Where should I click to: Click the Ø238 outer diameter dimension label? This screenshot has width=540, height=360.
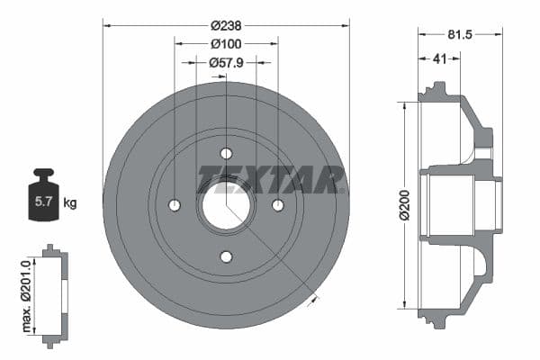226,26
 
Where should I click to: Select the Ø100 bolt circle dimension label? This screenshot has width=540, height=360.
226,44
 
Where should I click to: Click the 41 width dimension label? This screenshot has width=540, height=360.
439,59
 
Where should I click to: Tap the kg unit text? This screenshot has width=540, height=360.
70,203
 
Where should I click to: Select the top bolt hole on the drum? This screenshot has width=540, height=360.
226,153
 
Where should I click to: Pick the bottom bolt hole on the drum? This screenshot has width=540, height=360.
226,256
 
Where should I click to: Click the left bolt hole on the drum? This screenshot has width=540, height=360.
175,205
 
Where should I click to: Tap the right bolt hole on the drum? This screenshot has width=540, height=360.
278,205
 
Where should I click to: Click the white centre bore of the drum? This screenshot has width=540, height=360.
226,205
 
